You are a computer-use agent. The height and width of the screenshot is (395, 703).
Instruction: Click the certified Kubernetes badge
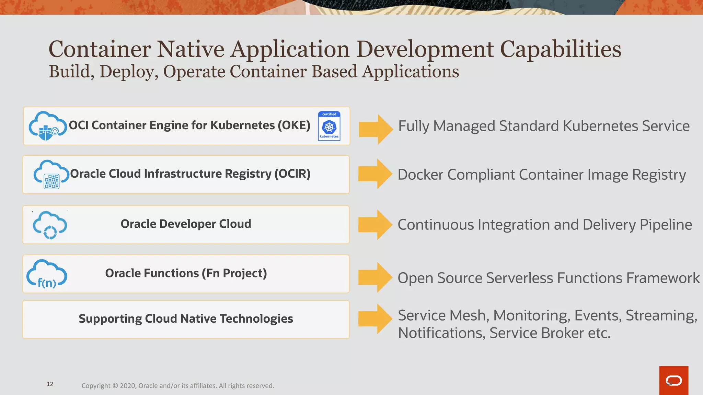point(329,126)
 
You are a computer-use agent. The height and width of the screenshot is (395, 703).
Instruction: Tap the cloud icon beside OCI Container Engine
point(47,126)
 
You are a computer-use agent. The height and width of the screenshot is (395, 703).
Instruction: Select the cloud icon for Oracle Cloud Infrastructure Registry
point(51,175)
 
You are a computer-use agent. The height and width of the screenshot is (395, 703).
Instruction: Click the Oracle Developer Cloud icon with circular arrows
point(50,225)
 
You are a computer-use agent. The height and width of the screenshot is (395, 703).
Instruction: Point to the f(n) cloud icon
point(47,274)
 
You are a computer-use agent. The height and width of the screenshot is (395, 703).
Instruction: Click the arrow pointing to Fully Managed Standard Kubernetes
point(376,129)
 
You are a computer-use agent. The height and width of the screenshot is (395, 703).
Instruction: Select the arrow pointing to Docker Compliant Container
point(375,174)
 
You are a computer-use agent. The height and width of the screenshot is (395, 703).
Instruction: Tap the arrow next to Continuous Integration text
point(375,225)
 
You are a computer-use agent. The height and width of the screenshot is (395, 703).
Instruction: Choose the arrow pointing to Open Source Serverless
point(375,277)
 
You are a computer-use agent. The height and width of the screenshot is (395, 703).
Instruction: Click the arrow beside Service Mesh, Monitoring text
point(375,319)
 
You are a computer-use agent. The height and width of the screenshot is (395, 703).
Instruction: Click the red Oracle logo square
point(673,380)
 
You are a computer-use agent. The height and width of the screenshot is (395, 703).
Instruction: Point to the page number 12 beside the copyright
point(50,384)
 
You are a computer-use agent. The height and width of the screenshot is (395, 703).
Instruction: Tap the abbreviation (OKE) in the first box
point(294,125)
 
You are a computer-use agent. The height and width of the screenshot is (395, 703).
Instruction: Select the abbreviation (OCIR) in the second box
point(292,174)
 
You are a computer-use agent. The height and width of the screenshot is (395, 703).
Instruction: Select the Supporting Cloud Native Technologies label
point(186,319)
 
